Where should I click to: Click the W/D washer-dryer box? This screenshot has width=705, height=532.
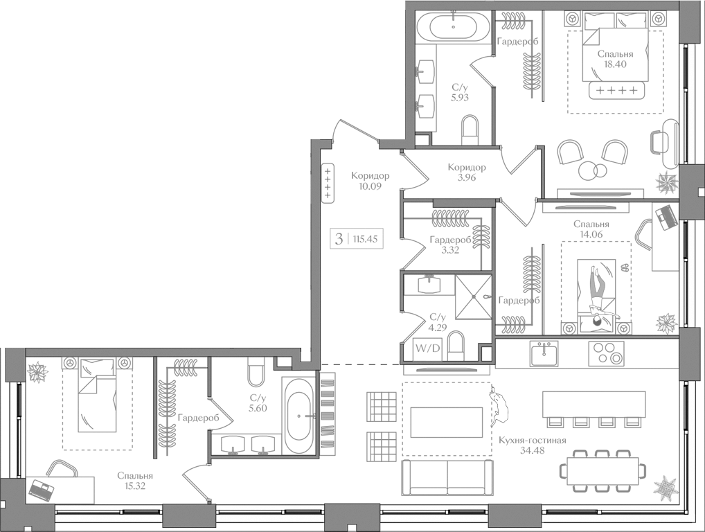tap(427, 348)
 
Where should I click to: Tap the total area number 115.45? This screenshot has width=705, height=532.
tap(364, 240)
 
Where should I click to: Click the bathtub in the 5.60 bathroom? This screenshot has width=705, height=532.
tap(300, 416)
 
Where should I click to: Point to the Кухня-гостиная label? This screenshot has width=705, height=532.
tap(532, 441)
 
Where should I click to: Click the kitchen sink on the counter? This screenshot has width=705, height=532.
tap(544, 353)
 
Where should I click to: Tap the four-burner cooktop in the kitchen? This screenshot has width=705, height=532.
tap(606, 353)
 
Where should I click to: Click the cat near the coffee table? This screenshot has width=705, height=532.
tap(498, 408)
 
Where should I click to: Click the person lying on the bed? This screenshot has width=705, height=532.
tap(596, 291)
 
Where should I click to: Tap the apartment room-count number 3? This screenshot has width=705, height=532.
tap(339, 240)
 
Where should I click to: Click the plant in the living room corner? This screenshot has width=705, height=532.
tap(666, 488)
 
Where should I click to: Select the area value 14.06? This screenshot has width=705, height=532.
tap(591, 234)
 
